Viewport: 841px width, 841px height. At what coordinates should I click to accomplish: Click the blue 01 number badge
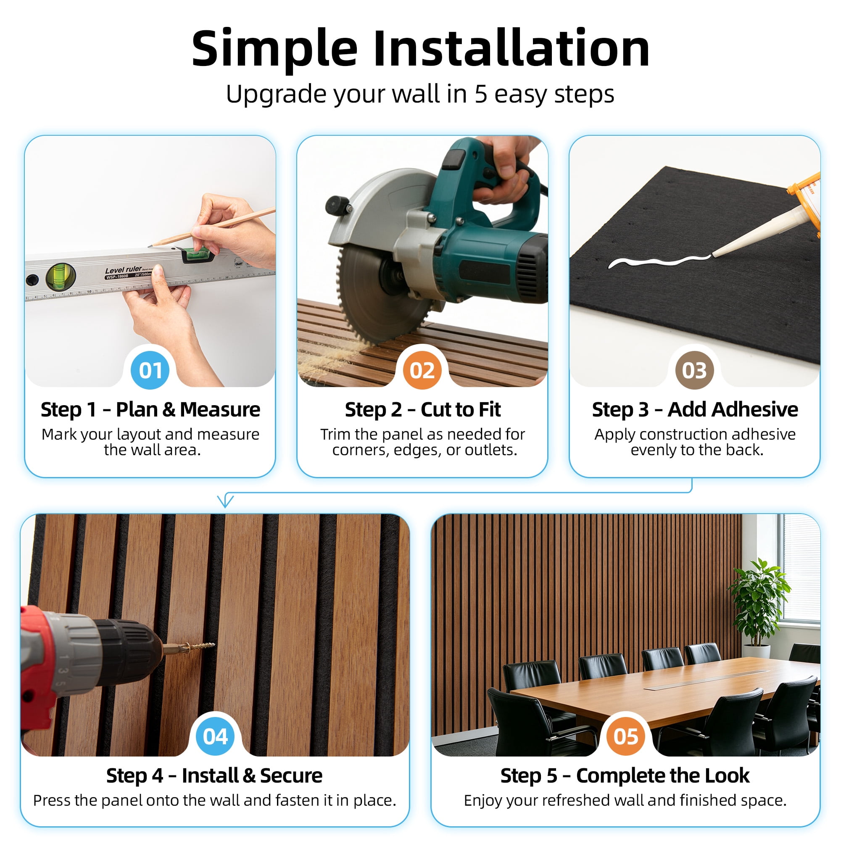150,370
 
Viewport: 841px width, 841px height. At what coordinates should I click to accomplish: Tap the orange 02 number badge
422,370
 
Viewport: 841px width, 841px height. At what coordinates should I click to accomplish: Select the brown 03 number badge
694,370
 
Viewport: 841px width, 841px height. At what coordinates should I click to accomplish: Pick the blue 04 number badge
215,736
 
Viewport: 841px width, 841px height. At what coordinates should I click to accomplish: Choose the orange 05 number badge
625,736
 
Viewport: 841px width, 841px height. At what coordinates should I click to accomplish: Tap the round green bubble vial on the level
61,277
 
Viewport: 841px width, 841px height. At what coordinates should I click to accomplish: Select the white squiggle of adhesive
659,261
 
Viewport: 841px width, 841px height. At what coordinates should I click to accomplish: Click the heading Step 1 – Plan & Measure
150,410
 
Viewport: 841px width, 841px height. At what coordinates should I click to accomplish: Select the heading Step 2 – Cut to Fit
423,410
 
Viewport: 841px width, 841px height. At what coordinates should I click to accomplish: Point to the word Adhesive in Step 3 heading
733,410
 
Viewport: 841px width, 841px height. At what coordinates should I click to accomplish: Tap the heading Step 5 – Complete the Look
625,776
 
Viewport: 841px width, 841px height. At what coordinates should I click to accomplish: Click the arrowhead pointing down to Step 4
225,501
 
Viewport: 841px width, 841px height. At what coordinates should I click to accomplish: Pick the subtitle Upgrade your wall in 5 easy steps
420,94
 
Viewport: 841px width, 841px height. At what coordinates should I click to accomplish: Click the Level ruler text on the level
123,270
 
